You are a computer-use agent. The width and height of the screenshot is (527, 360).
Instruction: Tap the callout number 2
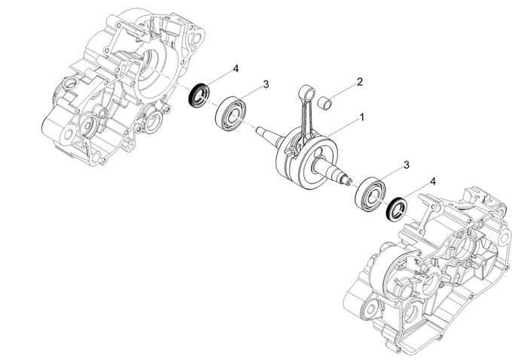click(360, 81)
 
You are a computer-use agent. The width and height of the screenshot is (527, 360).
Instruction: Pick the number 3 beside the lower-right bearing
click(407, 164)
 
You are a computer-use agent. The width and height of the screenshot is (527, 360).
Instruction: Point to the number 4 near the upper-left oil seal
click(236, 69)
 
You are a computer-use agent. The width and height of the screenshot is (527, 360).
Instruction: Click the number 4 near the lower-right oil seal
click(432, 182)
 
